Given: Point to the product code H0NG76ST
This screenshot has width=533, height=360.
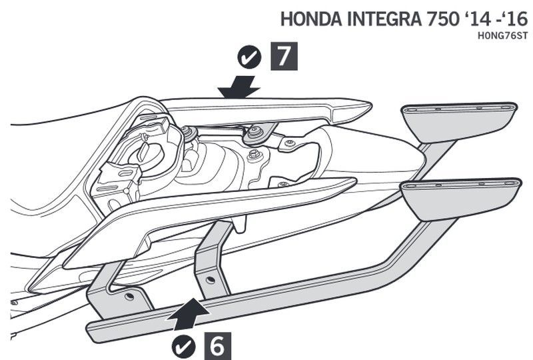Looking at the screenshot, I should tap(507, 35).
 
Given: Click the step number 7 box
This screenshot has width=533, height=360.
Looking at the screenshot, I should tap(284, 57).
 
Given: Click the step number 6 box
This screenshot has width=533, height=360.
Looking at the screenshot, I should tap(217, 345).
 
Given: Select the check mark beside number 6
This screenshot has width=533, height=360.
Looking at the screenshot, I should tap(183, 345).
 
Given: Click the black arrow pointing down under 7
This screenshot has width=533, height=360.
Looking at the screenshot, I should tap(241, 85).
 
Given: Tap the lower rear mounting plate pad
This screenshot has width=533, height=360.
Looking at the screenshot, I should tap(461, 197).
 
